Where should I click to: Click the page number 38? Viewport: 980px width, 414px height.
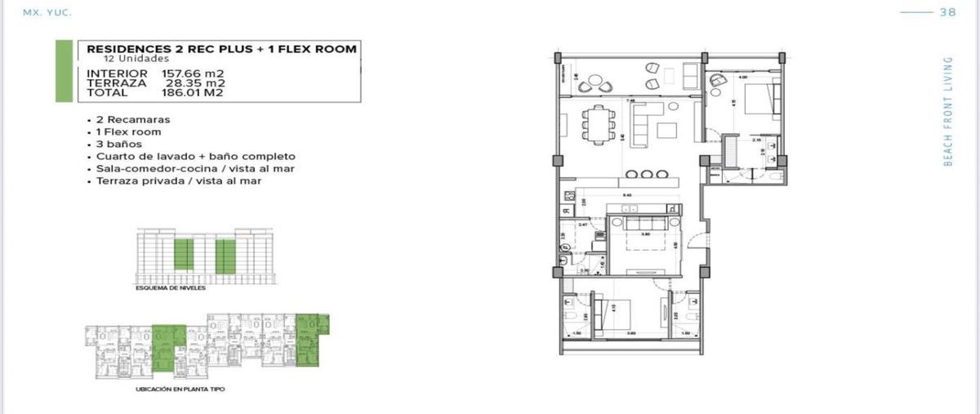point(948,11)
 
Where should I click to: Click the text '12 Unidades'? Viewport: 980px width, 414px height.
point(136,60)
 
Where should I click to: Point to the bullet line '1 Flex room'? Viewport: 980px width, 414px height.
point(128,131)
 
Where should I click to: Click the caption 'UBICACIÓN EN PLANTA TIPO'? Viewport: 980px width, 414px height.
point(180,390)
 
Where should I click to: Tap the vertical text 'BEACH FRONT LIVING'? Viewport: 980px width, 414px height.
point(948,111)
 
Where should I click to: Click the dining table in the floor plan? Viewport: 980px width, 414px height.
point(598,125)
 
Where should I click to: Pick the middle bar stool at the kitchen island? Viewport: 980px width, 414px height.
point(645,173)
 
